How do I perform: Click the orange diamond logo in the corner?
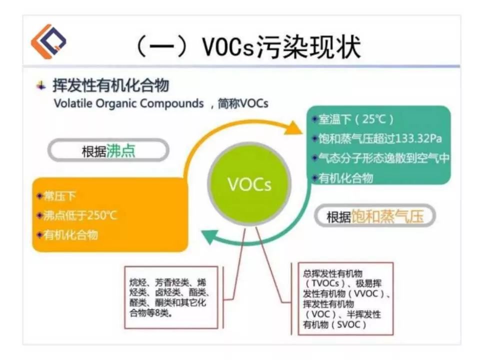pos(48,41)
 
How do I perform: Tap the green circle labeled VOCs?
pos(249,184)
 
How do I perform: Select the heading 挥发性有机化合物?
pos(110,85)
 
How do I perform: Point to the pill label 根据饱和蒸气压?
pos(374,216)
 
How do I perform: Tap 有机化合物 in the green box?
pos(345,177)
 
